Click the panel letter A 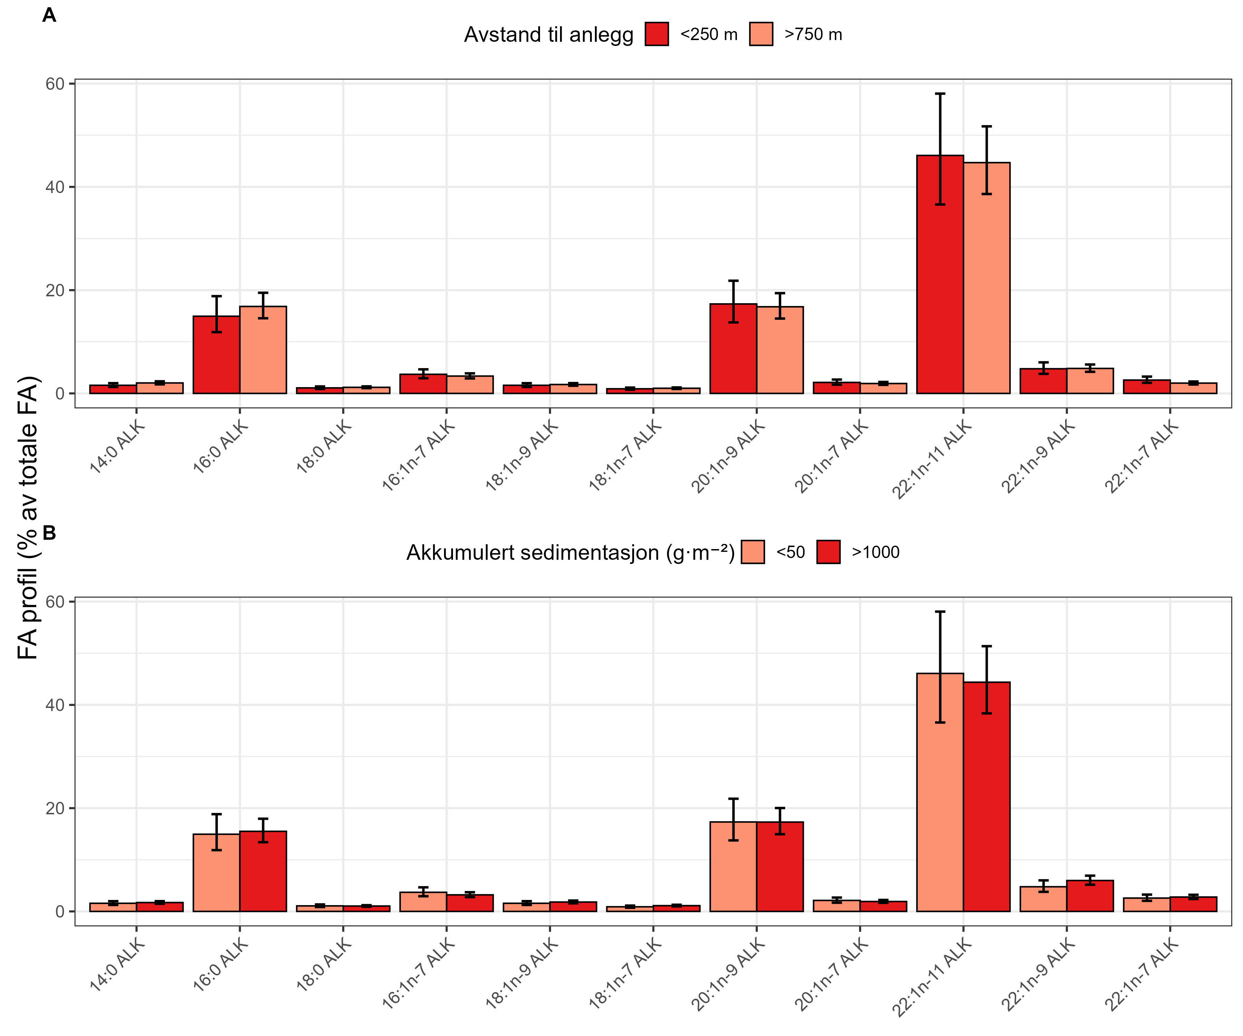49,16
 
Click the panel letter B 49,534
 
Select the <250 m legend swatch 657,34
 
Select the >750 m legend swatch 761,34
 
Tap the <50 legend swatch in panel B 752,552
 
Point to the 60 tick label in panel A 55,84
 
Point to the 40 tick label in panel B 55,705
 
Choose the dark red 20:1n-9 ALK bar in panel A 733,349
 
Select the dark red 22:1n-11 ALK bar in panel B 987,797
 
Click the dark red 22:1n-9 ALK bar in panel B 1090,896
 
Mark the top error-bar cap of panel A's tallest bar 940,94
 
